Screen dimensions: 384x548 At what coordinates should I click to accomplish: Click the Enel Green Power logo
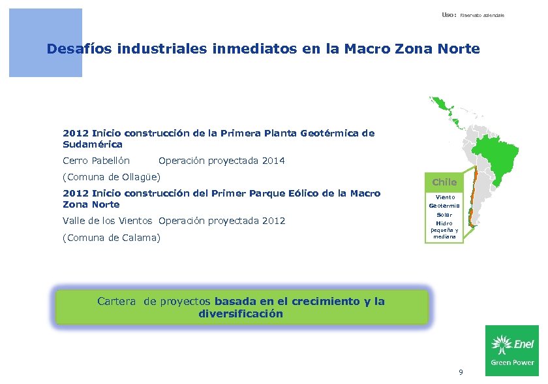(x=512, y=350)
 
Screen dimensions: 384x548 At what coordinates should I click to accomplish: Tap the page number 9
(x=461, y=372)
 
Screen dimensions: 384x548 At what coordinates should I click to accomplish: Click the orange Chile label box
(x=444, y=182)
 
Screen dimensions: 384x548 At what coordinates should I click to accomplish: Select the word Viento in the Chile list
(x=446, y=197)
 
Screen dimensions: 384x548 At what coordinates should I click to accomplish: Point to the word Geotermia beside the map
(x=446, y=206)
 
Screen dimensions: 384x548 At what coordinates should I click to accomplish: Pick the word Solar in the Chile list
(x=444, y=215)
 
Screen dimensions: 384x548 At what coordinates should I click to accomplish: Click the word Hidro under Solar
(x=444, y=223)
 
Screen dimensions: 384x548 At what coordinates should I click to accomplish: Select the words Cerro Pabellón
(x=96, y=161)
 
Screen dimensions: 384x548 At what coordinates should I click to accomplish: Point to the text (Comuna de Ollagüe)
(x=112, y=177)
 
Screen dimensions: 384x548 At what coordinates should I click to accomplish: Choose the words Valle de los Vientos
(x=108, y=221)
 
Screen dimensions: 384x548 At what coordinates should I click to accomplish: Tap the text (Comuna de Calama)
(x=111, y=238)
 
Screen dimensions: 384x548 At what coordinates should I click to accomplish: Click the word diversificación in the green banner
(x=241, y=313)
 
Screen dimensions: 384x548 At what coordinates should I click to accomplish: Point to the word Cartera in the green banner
(x=117, y=301)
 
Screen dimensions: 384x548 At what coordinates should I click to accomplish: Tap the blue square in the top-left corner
(x=45, y=42)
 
